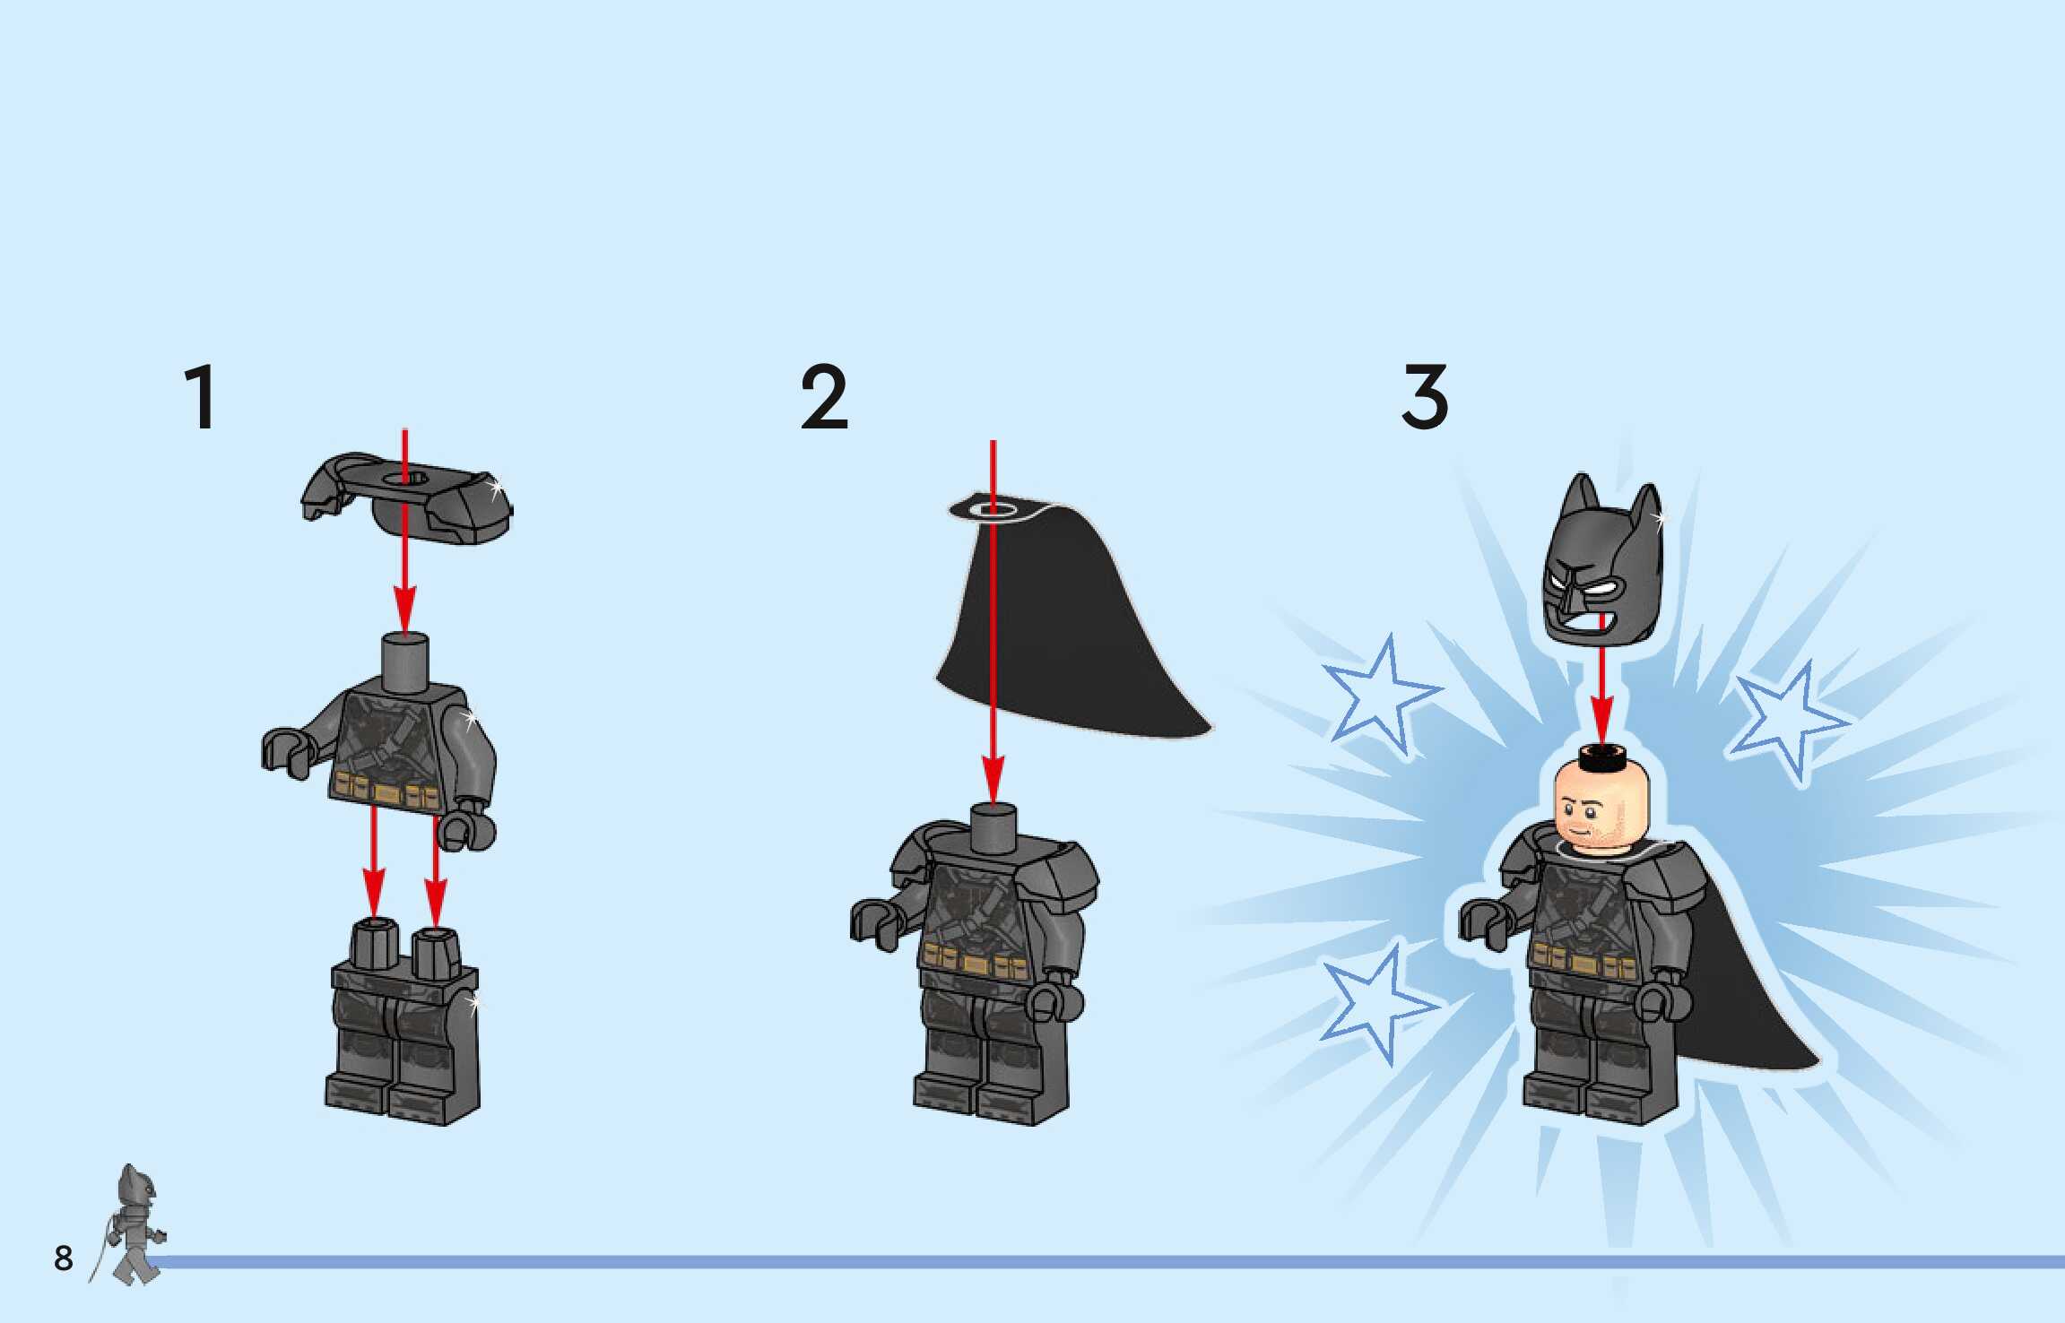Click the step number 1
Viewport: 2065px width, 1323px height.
(x=199, y=397)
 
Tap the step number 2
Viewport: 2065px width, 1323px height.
(x=824, y=397)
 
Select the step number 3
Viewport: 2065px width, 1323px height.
(x=1425, y=397)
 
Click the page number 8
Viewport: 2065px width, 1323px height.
(x=63, y=1258)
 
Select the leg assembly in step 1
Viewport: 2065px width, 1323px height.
(x=403, y=1022)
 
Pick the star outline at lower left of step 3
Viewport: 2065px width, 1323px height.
(x=1376, y=1002)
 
